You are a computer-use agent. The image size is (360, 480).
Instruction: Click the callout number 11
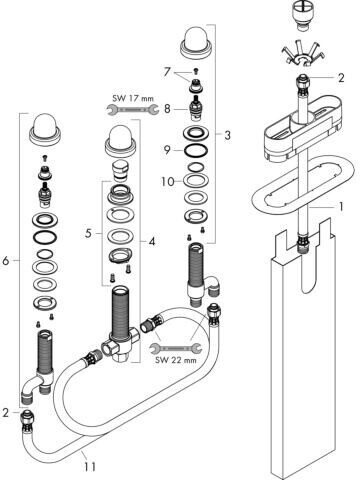(89, 466)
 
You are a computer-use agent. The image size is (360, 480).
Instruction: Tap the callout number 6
(6, 260)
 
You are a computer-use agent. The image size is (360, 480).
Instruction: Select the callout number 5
(88, 234)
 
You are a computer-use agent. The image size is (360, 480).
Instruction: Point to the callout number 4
(152, 241)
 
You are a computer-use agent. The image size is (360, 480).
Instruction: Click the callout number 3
(227, 135)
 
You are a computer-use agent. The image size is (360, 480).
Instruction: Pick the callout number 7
(167, 72)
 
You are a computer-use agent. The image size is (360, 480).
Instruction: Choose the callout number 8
(167, 109)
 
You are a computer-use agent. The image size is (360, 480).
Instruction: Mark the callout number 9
(167, 150)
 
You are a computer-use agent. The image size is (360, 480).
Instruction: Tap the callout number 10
(168, 182)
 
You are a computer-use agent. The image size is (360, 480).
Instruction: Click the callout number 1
(341, 207)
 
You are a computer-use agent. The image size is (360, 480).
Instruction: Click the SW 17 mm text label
(133, 99)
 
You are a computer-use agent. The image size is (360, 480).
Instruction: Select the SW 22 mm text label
(176, 360)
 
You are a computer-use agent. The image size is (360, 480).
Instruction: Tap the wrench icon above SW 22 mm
(176, 348)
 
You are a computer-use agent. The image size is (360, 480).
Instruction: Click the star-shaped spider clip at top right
(304, 53)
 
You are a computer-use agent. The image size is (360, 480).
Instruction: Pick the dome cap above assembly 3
(196, 44)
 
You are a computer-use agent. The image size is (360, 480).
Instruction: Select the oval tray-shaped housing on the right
(303, 132)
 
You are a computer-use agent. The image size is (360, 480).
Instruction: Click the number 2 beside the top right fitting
(341, 78)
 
